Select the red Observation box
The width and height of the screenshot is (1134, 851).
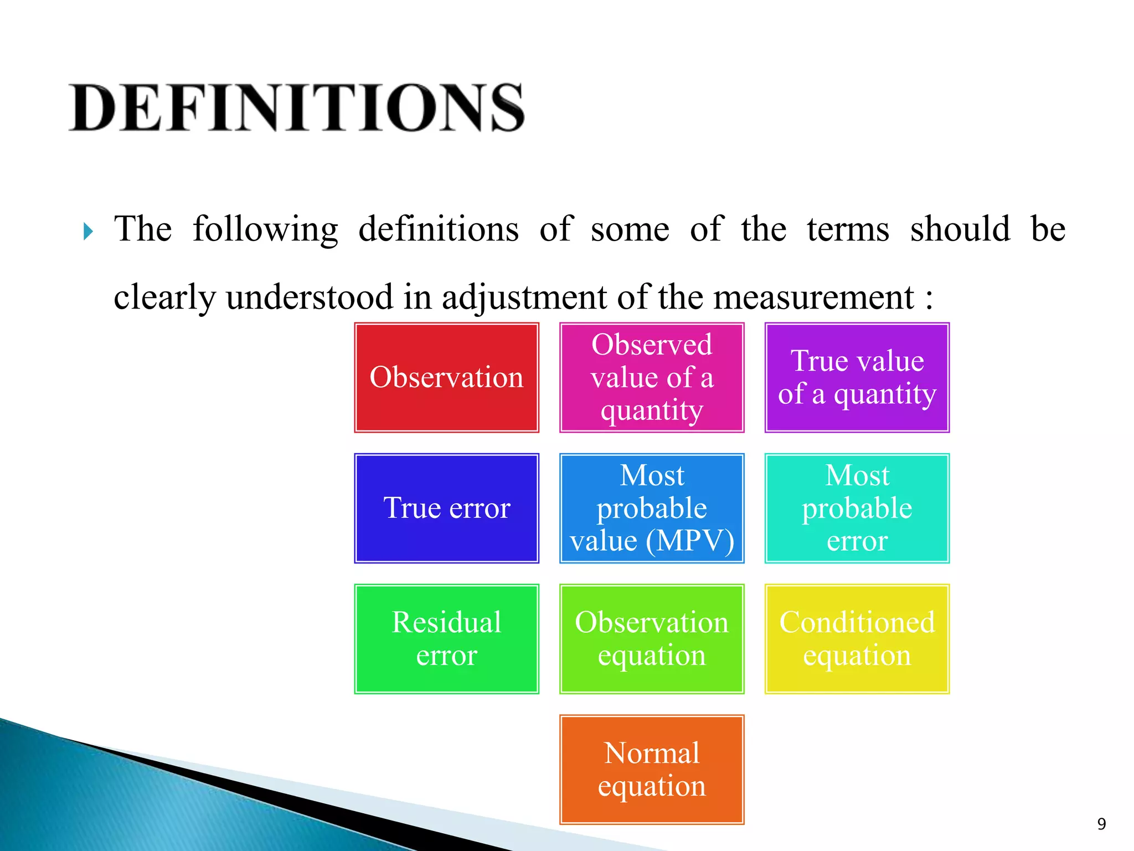point(446,377)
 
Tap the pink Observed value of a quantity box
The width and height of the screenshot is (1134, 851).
point(652,377)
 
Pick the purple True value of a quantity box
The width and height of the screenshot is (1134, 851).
point(857,377)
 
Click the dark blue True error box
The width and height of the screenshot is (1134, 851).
point(446,508)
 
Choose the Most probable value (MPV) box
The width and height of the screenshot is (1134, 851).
point(652,508)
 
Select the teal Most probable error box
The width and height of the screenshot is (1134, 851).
point(857,508)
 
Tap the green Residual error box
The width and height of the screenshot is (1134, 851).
point(446,639)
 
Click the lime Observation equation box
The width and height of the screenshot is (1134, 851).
point(652,639)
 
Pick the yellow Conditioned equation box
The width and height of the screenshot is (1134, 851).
point(857,639)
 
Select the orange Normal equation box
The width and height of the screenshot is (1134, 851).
point(652,770)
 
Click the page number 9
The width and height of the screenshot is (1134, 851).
point(1101,824)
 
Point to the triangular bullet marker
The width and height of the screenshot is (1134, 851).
point(88,231)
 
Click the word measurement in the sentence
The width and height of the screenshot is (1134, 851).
point(813,297)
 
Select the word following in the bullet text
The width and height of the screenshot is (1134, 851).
point(265,229)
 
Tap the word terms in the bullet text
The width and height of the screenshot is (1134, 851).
point(848,229)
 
